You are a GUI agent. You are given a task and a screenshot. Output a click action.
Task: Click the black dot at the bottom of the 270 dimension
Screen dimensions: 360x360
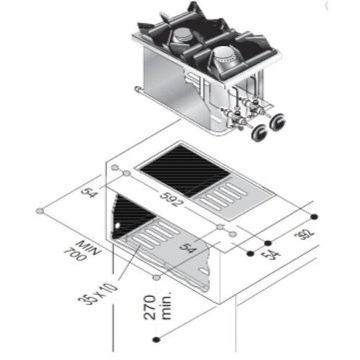coord(156,339)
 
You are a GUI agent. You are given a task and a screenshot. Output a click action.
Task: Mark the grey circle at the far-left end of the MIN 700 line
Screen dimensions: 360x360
coord(42,212)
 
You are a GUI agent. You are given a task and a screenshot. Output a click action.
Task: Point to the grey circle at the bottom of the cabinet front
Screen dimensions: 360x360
coord(157,276)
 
